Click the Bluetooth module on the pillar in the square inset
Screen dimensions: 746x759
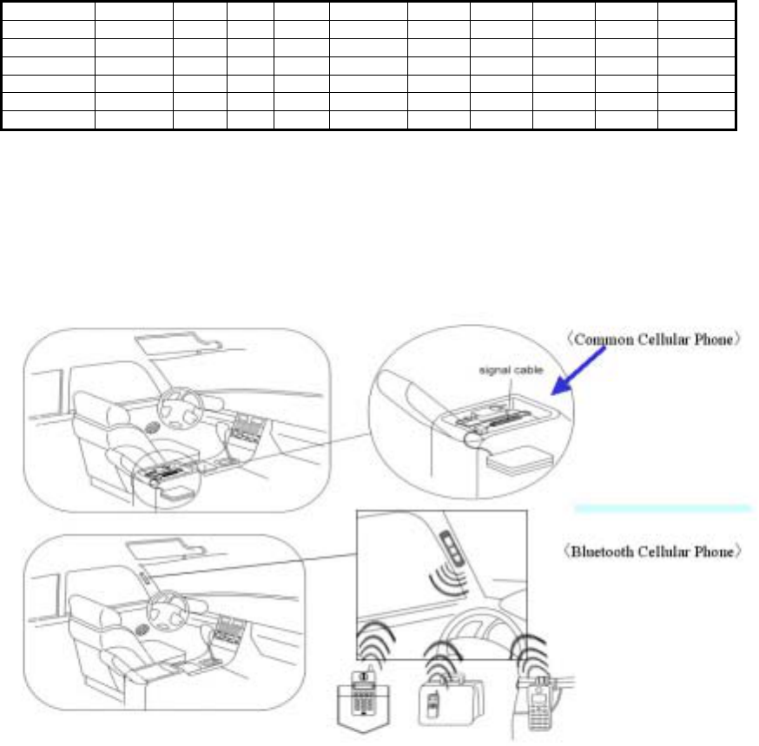pyautogui.click(x=451, y=549)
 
